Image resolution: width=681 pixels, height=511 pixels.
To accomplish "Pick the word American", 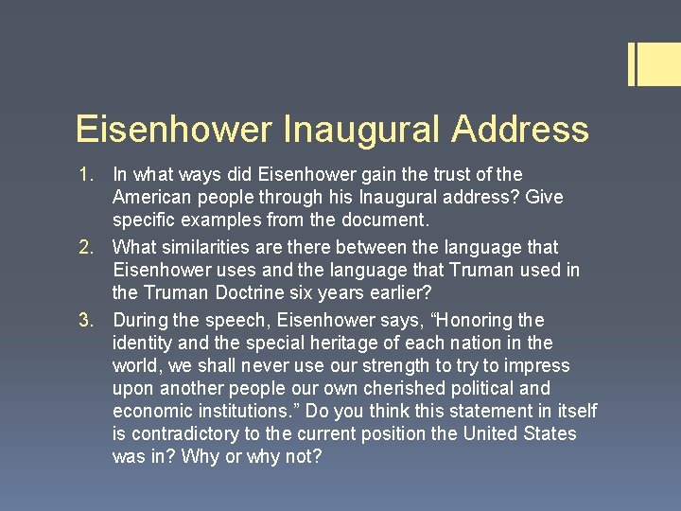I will pos(151,198).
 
